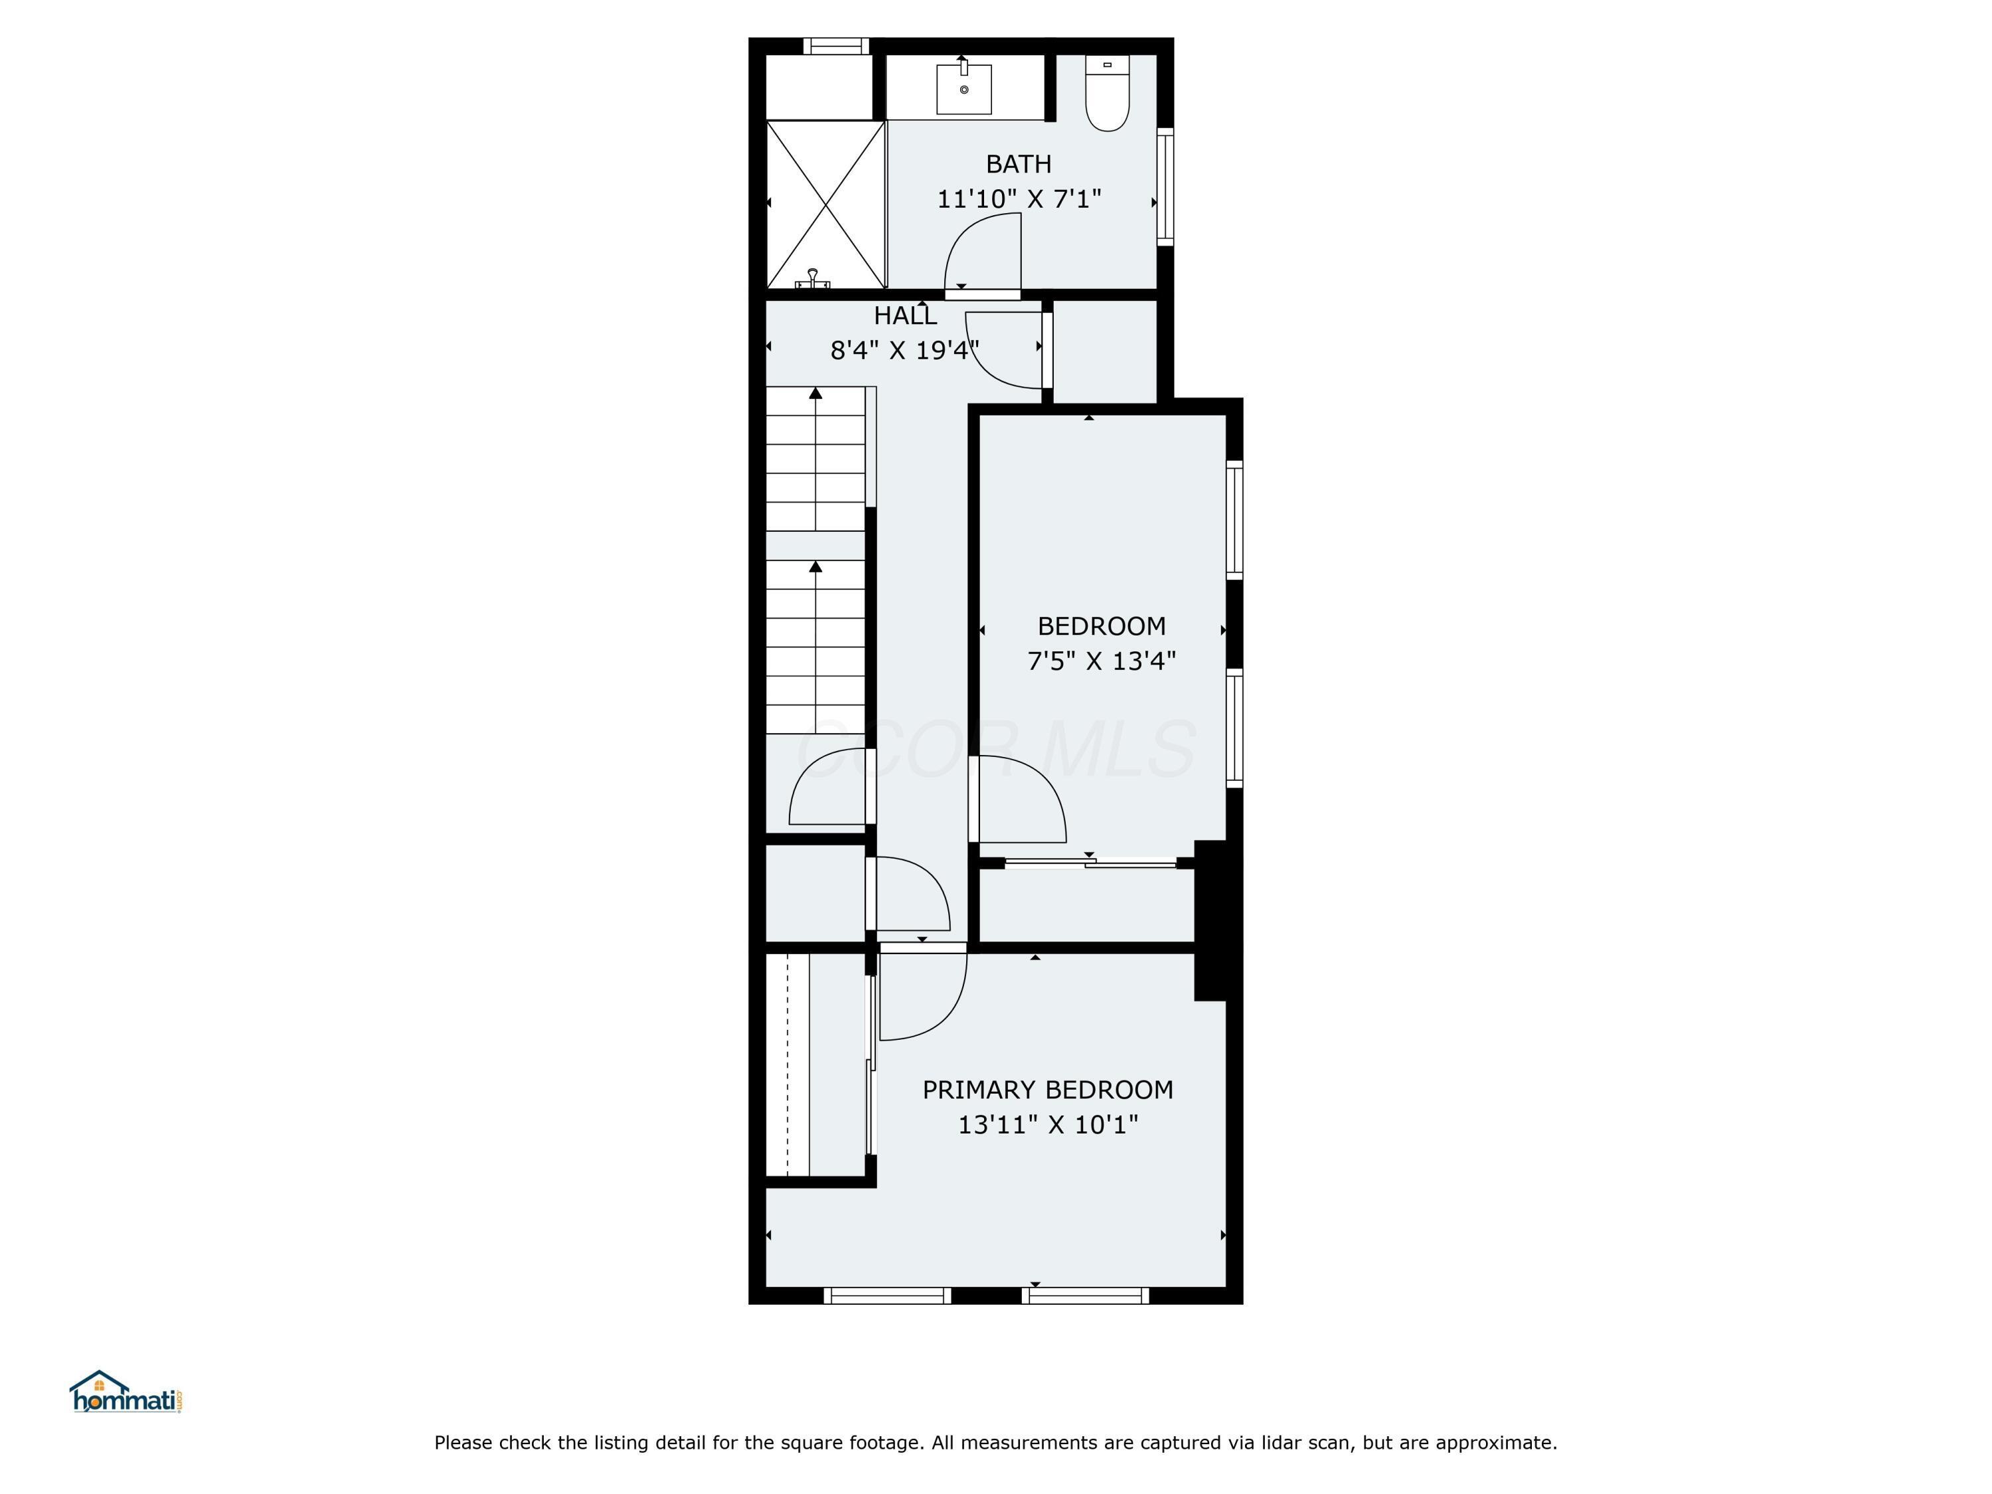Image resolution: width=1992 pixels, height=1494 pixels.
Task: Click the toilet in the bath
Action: coord(1107,94)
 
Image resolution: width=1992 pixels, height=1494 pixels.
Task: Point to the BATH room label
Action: coord(1019,164)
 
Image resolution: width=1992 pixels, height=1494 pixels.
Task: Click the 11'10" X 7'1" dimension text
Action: coord(1019,199)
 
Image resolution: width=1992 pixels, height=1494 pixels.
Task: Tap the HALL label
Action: coord(905,316)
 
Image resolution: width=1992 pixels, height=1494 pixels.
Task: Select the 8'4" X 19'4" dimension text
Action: coord(904,351)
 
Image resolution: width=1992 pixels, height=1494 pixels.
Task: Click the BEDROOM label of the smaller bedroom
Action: coord(1102,626)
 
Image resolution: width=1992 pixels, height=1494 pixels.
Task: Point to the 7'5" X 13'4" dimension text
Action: coord(1102,661)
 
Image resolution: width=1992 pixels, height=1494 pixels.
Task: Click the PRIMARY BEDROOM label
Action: coord(1047,1090)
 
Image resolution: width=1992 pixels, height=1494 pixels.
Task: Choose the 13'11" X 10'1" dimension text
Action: coord(1047,1125)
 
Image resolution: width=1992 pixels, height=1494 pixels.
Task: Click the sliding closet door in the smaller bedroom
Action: coord(1090,863)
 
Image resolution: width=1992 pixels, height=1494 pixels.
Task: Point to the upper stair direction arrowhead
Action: coord(816,392)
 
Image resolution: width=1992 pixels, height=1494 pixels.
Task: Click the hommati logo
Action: coord(126,1392)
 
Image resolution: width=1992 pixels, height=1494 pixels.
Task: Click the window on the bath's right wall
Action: coord(1165,187)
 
